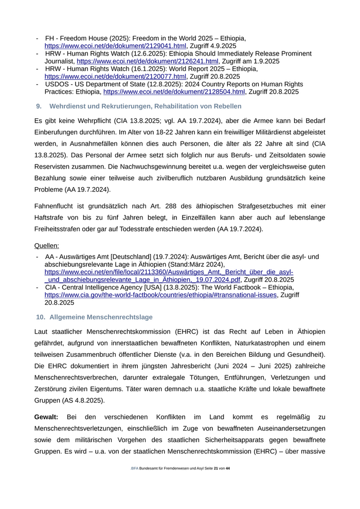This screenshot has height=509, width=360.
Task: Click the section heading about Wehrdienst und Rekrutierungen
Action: pos(145,106)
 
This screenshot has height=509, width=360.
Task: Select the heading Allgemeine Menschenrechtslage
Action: pos(101,317)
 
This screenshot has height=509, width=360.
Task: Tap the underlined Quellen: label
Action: pos(46,246)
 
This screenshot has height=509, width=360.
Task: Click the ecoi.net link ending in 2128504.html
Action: pos(174,92)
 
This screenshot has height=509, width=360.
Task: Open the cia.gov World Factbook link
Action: pos(161,295)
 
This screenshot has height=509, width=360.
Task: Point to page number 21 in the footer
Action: pos(216,468)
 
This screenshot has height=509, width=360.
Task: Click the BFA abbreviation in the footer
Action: pos(134,468)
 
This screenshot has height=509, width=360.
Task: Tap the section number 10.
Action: pos(41,317)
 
